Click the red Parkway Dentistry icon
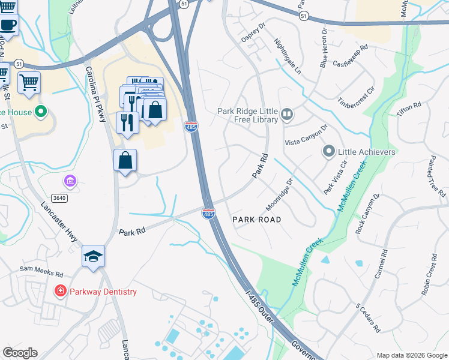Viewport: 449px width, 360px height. pos(60,292)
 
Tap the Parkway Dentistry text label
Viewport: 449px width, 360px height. pos(103,292)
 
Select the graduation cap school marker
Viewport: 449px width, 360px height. pos(93,256)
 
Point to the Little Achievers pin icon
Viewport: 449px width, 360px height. pos(328,151)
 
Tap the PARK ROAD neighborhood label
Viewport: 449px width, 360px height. pos(256,220)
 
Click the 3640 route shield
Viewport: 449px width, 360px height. pos(59,197)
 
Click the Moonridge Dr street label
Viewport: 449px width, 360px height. pos(279,193)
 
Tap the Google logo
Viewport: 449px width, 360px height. pos(20,353)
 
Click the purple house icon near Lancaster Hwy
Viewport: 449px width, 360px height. pos(70,181)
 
